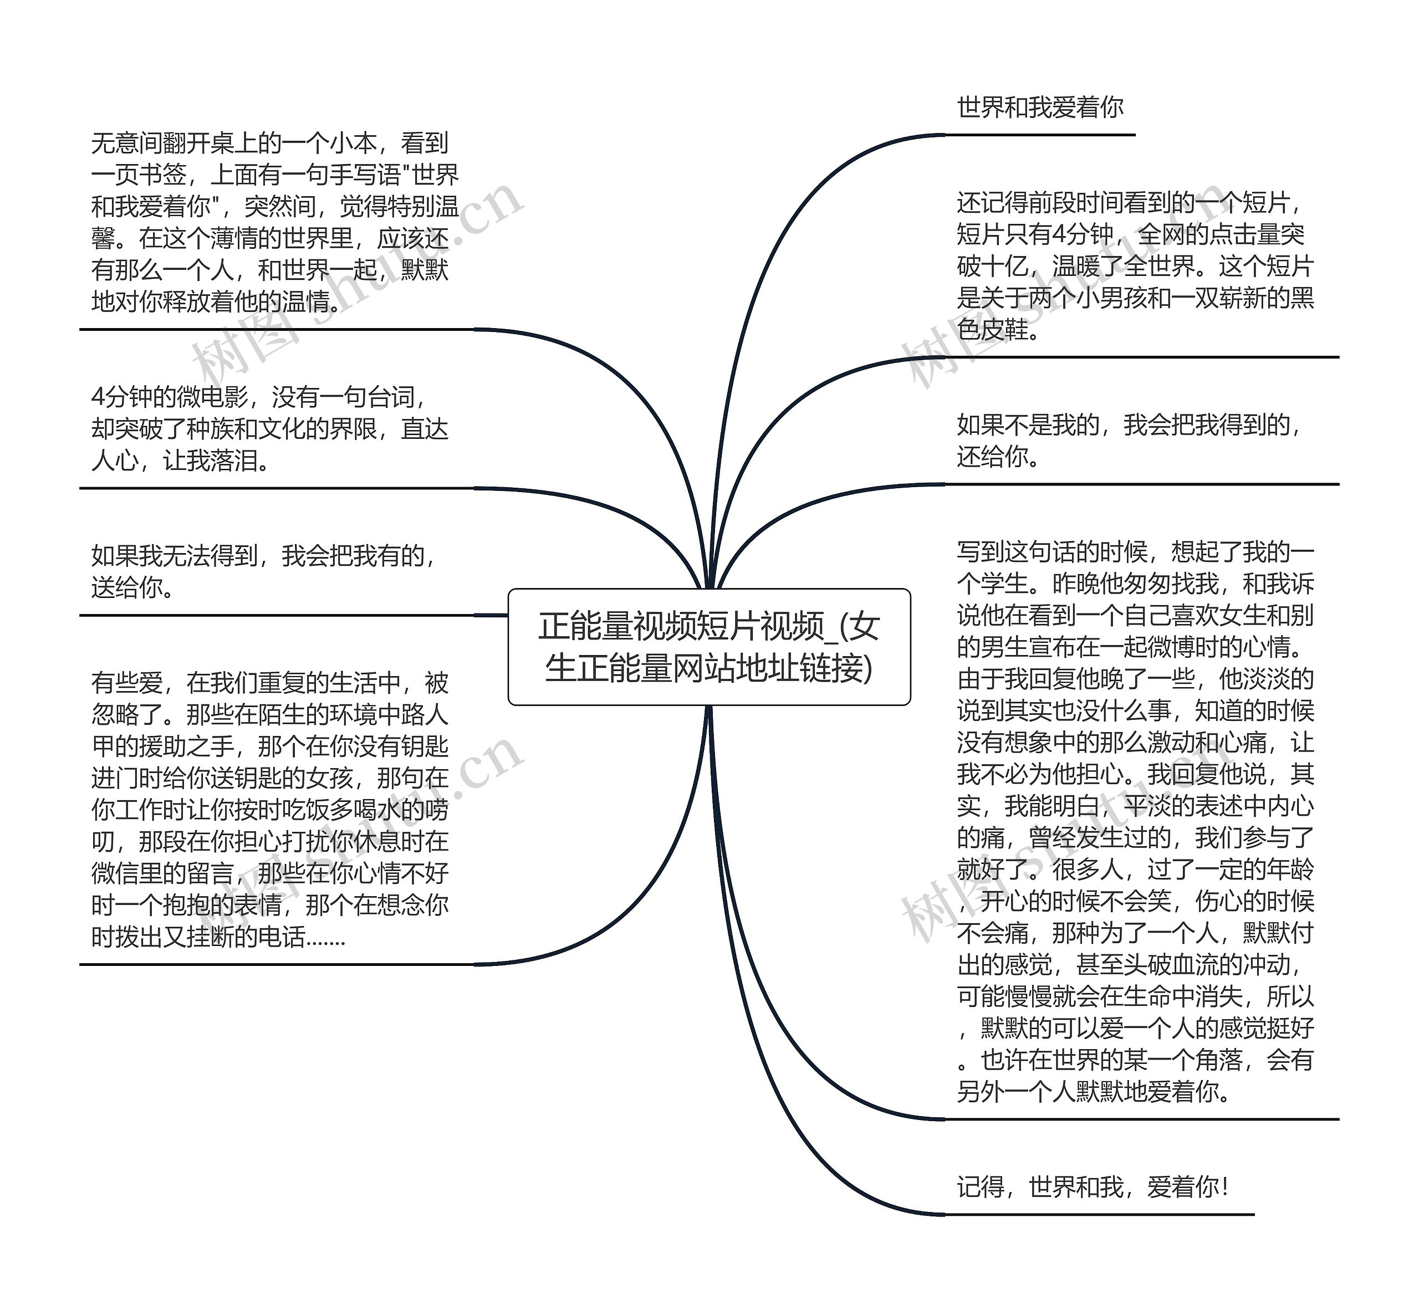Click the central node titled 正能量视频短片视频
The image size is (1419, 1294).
[x=709, y=647]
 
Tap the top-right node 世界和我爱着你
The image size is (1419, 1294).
[x=1040, y=108]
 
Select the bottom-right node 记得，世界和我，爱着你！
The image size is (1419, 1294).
[x=1093, y=1187]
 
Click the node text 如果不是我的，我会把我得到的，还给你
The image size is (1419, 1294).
[x=1129, y=441]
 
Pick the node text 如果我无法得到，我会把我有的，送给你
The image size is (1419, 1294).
[x=264, y=571]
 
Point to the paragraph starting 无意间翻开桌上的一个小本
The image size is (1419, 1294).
[x=274, y=222]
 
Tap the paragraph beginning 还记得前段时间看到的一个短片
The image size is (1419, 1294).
[x=1135, y=266]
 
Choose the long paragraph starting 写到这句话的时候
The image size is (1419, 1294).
[x=1135, y=821]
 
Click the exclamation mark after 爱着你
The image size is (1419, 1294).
[x=1226, y=1187]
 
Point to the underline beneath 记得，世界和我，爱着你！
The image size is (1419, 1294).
[x=1098, y=1214]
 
